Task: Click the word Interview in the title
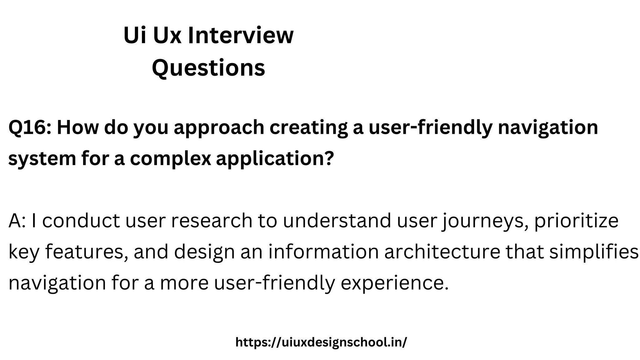click(x=241, y=35)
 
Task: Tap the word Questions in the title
click(x=208, y=68)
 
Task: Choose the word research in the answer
click(x=212, y=221)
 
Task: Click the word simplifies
click(x=594, y=252)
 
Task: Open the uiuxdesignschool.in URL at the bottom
click(x=321, y=342)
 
